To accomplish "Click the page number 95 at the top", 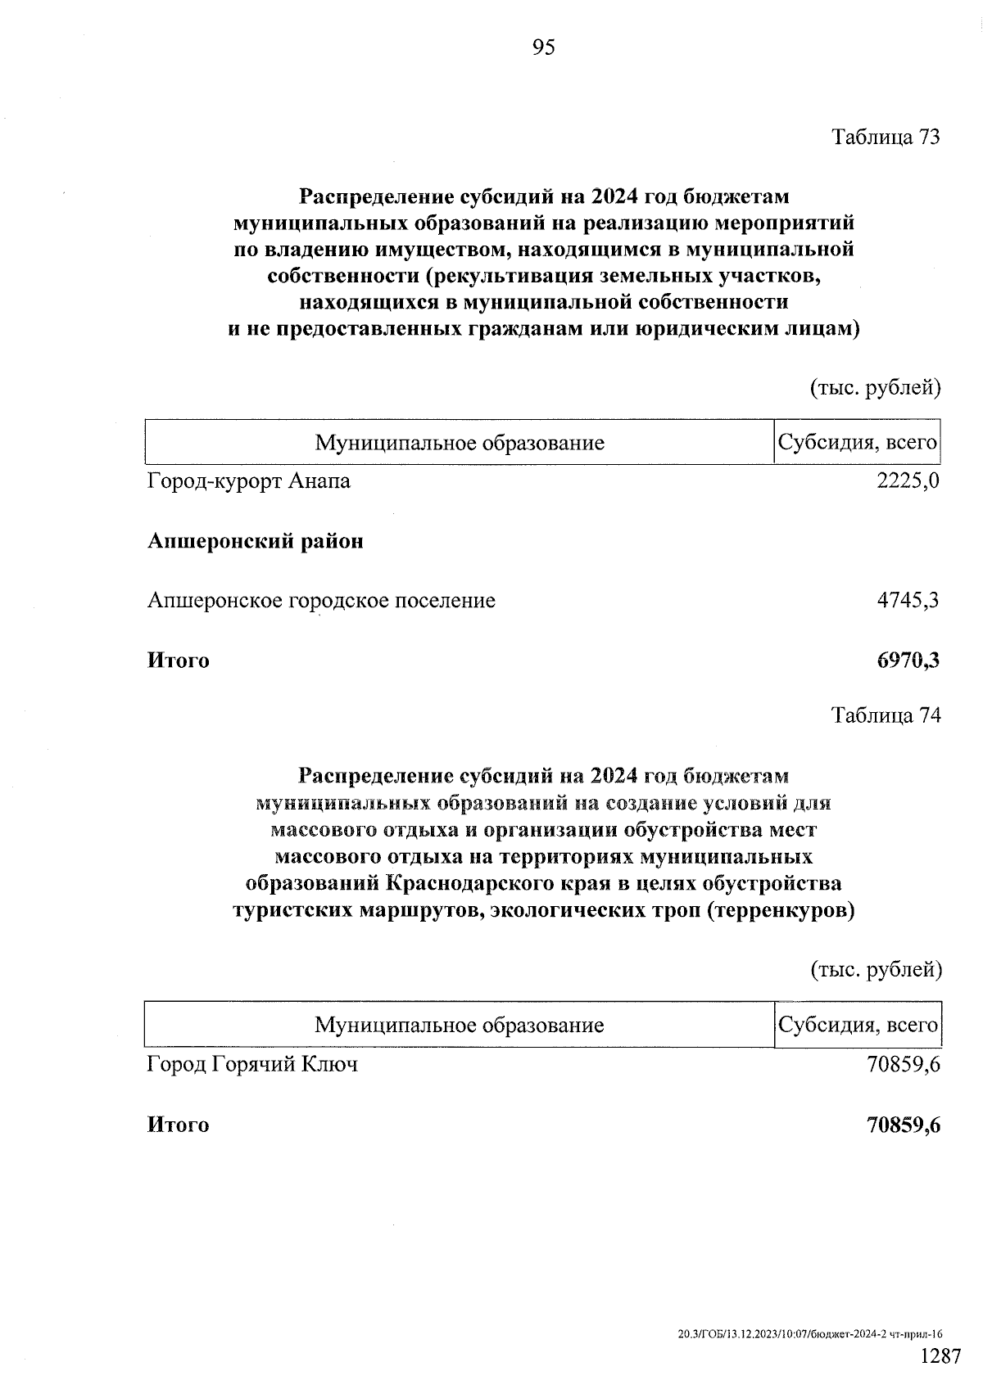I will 543,48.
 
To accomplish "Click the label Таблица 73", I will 886,137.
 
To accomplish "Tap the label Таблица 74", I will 886,715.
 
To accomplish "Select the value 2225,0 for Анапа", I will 908,481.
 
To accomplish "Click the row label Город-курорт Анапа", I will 249,481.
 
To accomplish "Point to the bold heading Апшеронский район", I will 255,541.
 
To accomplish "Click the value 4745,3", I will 908,601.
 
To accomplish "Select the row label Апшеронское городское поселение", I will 321,601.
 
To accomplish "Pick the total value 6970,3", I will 908,661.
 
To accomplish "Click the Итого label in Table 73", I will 178,661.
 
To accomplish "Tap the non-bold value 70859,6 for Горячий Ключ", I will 903,1065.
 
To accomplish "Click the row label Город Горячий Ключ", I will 252,1065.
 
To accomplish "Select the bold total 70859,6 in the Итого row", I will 903,1125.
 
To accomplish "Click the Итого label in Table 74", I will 178,1125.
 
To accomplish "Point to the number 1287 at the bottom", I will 940,1357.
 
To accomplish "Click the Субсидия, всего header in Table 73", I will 857,443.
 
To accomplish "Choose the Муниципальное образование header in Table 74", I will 459,1025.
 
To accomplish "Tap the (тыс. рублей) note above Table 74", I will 876,970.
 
